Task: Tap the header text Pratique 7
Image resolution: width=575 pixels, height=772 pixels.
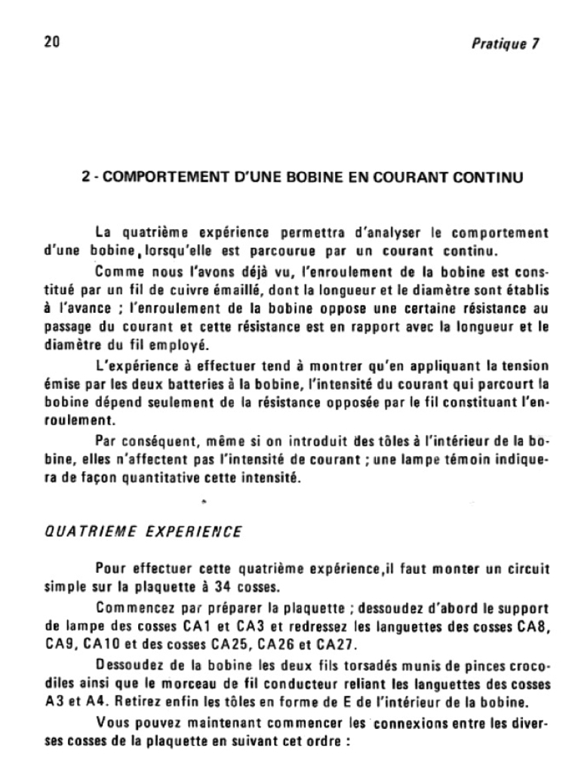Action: (505, 43)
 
